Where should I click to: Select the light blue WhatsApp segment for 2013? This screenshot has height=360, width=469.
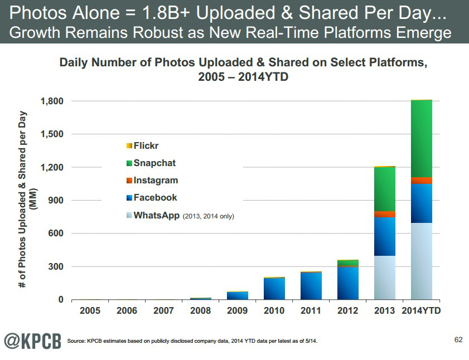click(x=384, y=278)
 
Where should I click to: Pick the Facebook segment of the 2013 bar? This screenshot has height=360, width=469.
click(x=384, y=236)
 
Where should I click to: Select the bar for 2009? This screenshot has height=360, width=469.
click(x=238, y=295)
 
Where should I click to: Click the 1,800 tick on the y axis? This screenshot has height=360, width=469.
click(x=52, y=101)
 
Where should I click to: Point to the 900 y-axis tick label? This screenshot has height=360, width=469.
click(x=57, y=201)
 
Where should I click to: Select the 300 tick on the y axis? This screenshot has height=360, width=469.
click(x=57, y=266)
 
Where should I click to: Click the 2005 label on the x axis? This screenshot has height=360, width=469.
click(x=90, y=311)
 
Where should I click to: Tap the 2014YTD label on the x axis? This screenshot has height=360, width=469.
click(x=421, y=311)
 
